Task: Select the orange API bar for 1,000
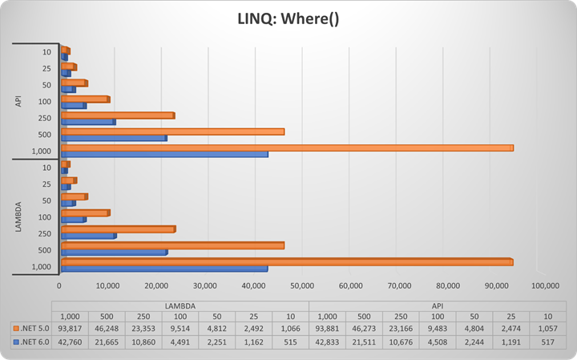tap(287, 148)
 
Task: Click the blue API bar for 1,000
tap(165, 154)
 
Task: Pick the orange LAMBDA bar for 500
tap(172, 245)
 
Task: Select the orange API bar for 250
tap(118, 115)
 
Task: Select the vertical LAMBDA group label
tap(18, 216)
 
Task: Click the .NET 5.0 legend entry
tap(31, 327)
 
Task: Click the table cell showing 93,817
tap(70, 327)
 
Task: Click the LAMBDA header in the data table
tap(180, 305)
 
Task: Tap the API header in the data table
tap(438, 305)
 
